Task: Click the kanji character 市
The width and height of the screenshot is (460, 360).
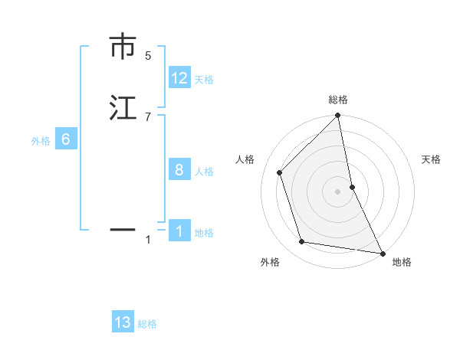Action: coord(123,47)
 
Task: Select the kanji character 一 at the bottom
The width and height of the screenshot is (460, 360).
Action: coord(123,228)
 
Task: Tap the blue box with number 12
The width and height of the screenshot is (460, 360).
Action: coord(179,79)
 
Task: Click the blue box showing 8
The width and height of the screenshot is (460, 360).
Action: coord(179,170)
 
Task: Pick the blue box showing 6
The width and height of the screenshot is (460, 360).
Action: coord(66,140)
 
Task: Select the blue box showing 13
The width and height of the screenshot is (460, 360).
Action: coord(123,322)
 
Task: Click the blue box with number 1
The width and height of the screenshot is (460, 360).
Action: coord(179,231)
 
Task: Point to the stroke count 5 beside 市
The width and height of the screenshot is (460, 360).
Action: coord(148,56)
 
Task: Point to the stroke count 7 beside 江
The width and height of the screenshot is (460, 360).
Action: coord(148,116)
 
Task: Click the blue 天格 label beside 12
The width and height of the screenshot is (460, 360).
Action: coord(204,80)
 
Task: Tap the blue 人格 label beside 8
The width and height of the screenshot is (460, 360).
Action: coord(204,172)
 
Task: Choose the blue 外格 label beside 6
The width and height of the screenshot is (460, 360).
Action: coord(41,141)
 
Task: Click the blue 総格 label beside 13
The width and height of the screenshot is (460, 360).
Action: coord(147,324)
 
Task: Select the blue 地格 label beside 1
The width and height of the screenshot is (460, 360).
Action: coord(204,233)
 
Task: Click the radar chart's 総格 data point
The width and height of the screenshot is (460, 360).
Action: coord(337,116)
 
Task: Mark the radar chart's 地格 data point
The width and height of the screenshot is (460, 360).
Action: coord(382,252)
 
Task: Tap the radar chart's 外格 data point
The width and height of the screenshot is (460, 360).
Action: coord(302,242)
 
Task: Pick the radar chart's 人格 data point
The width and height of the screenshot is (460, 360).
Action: coord(280,172)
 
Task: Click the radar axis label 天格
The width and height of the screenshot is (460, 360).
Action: coord(431,159)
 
